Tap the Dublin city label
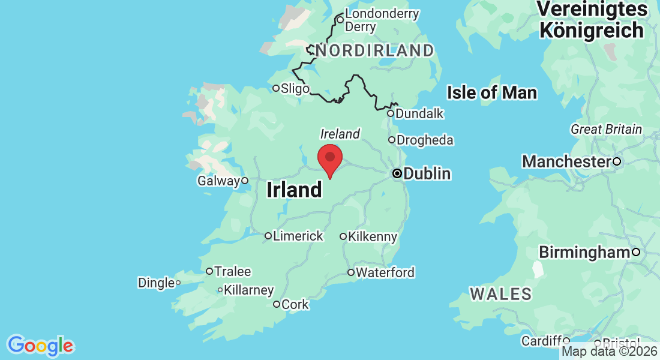[x=427, y=174]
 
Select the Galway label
[x=218, y=181]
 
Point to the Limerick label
[x=298, y=236]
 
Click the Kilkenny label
[x=373, y=237]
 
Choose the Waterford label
[x=385, y=273]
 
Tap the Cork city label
[x=295, y=305]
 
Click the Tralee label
[x=233, y=272]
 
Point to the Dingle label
[x=156, y=283]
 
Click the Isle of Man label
[x=492, y=93]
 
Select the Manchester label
[x=566, y=161]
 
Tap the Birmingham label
[x=584, y=253]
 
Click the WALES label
[x=501, y=294]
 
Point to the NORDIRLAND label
[x=374, y=51]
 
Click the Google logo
[x=41, y=346]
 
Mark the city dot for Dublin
[x=397, y=173]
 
